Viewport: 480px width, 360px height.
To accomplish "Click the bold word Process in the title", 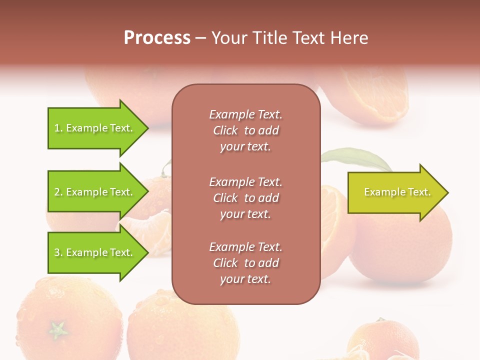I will coord(157,38).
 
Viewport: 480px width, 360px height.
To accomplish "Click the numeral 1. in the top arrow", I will coord(58,128).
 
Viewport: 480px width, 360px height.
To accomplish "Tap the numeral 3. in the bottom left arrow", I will coord(58,252).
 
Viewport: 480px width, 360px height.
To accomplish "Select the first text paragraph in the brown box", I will coord(245,130).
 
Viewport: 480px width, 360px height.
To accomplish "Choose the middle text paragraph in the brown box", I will coord(245,197).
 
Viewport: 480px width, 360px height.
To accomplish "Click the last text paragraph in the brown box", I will coord(245,262).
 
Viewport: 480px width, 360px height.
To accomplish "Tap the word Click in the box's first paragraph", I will coord(225,130).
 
